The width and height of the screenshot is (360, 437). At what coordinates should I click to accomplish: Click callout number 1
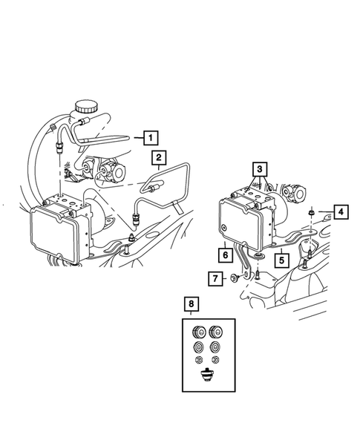(151, 137)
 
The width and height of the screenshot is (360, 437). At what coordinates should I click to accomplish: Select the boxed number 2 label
(159, 157)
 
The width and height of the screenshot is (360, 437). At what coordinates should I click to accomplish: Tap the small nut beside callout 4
(307, 214)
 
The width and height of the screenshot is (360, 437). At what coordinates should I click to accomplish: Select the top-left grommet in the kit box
(199, 331)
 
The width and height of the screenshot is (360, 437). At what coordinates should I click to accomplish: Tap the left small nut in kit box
(200, 361)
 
